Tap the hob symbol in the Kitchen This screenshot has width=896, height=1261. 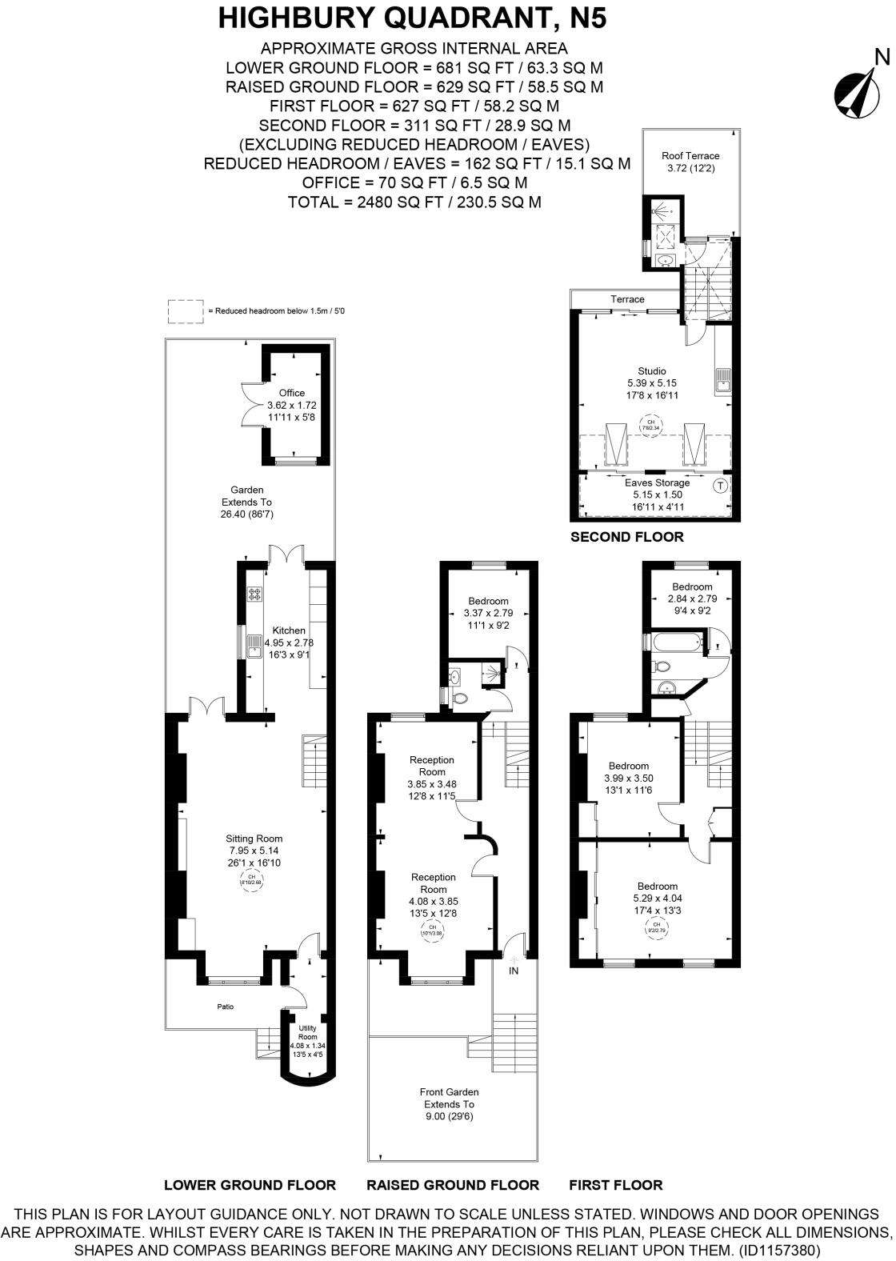click(256, 594)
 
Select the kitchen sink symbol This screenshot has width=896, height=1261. click(255, 645)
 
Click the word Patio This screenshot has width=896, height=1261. click(226, 1007)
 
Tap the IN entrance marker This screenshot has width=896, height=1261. click(514, 971)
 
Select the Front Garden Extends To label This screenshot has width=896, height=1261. click(449, 1104)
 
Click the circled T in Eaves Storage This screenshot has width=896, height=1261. click(720, 486)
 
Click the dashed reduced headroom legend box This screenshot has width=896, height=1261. click(186, 311)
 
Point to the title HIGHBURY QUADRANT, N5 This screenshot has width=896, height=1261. click(412, 18)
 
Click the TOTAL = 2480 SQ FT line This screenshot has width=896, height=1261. click(414, 202)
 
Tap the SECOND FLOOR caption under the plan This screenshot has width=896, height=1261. click(626, 537)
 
